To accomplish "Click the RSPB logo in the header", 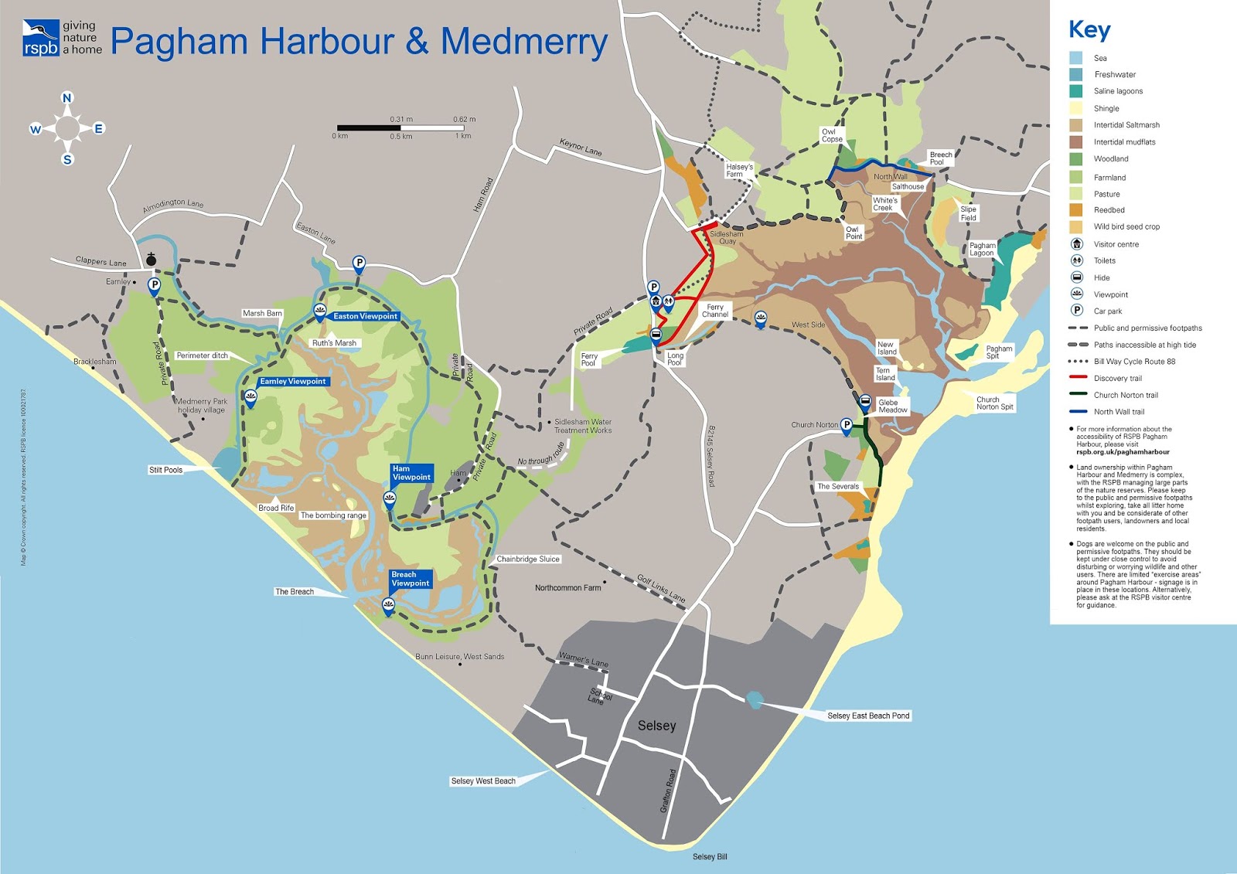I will click(x=40, y=38).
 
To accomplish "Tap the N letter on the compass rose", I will click(x=67, y=98).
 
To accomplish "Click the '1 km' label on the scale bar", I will click(x=463, y=136).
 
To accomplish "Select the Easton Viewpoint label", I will click(x=365, y=316).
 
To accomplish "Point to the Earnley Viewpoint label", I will click(x=292, y=381).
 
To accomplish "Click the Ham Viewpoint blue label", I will click(x=411, y=473).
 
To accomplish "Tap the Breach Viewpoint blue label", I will click(x=410, y=579).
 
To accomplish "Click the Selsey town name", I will click(x=656, y=726).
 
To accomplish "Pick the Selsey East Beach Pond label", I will click(x=867, y=716).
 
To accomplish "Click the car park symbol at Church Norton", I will click(x=847, y=424).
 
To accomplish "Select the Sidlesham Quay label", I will click(x=726, y=237).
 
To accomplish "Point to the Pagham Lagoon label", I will click(x=982, y=249).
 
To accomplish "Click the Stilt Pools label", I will click(x=165, y=470).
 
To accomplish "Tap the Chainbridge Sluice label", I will click(x=527, y=559).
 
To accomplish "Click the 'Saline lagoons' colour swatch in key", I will click(x=1076, y=91).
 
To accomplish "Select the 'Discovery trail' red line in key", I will click(x=1078, y=378).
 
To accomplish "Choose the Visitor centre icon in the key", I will click(x=1076, y=244).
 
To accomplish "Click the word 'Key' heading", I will click(x=1089, y=30).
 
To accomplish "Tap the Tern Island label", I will click(x=883, y=374).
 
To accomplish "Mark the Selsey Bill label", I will click(x=709, y=856).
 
